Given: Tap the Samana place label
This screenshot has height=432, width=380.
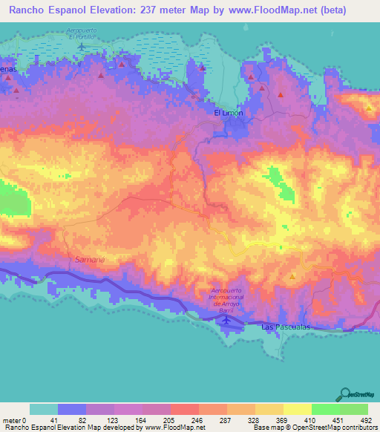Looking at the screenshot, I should pos(90,259).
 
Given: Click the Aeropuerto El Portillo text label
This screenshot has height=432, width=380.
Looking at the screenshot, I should pos(82,34).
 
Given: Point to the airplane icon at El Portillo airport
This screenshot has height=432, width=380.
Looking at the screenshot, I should pos(82,48).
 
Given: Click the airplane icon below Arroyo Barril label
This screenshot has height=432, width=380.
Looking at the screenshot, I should pos(226,320).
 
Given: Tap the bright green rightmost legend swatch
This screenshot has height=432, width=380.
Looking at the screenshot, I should pos(353,409).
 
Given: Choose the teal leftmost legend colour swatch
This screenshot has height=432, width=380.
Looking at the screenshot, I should pos(44,409).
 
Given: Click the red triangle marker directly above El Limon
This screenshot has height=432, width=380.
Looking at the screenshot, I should pos(202,68).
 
